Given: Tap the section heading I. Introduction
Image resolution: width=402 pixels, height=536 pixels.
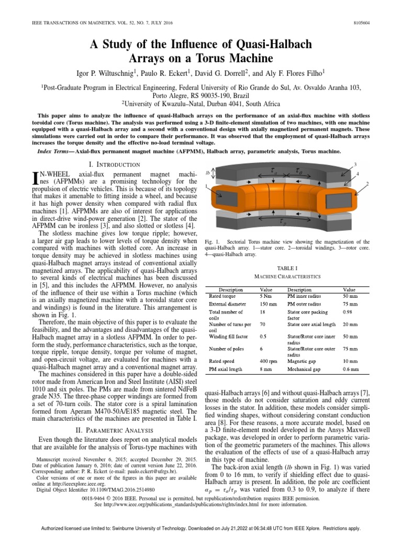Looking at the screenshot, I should (110, 164).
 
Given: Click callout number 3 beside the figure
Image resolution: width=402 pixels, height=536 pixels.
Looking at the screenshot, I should (355, 165).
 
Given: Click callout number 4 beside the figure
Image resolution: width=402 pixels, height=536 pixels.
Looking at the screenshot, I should (358, 173).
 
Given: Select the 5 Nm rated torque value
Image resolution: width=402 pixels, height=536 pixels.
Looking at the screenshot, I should (266, 296).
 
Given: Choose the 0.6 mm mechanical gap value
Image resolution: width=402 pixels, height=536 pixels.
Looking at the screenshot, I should (350, 369).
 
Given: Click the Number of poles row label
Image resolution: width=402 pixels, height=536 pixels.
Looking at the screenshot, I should (228, 349).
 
